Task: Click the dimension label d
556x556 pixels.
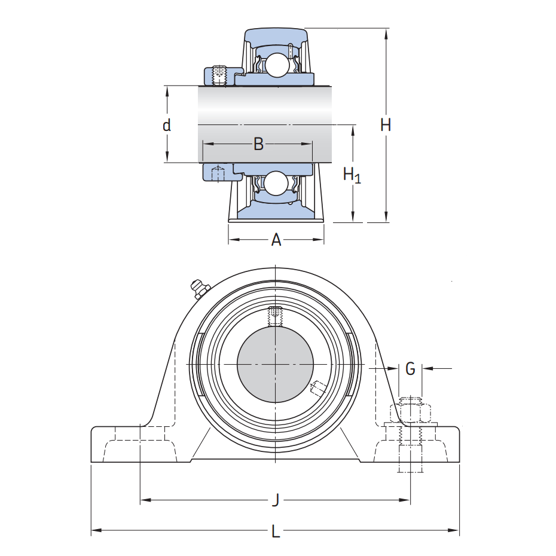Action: (167, 125)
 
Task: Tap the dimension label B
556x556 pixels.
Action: (258, 143)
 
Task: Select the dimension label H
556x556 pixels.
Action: (386, 125)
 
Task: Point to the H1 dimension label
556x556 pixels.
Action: (352, 175)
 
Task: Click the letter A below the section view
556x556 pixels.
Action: (276, 240)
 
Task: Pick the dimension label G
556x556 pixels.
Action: (410, 369)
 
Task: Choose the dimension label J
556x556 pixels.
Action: (276, 500)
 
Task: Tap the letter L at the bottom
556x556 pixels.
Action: (276, 531)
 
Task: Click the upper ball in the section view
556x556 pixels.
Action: (276, 64)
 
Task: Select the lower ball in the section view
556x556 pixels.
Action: (276, 183)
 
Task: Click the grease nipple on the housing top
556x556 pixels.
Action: (198, 288)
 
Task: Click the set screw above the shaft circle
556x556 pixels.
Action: (275, 316)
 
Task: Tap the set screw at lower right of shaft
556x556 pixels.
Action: (317, 389)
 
